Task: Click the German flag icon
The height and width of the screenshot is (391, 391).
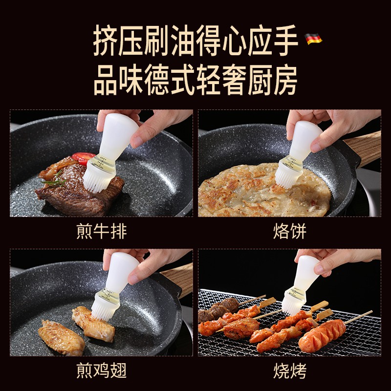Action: click(x=313, y=39)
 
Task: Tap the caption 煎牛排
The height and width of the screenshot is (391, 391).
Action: click(x=102, y=231)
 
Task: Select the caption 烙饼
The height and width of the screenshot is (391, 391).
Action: click(x=290, y=231)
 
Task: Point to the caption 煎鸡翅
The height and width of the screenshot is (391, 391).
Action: click(x=102, y=370)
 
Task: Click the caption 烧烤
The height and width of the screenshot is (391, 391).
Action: click(x=290, y=371)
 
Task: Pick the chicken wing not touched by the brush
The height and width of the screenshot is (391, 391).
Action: click(x=62, y=338)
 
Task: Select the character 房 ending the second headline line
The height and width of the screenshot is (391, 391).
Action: click(x=285, y=80)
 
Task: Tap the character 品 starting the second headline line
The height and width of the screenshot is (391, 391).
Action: click(x=106, y=80)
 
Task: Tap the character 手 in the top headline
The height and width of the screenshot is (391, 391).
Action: click(x=286, y=40)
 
